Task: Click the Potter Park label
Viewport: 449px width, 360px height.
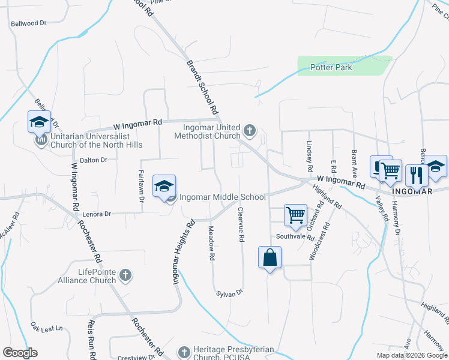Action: [331, 67]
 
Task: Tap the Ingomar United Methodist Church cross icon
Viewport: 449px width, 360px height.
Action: [250, 130]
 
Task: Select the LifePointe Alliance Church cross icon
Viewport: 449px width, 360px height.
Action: [125, 275]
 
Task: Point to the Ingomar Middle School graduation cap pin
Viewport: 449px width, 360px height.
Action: [164, 187]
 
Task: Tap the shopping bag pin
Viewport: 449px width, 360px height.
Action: [270, 258]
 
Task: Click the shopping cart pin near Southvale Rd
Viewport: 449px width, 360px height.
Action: [295, 215]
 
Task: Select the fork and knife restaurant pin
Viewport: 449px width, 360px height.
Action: [415, 175]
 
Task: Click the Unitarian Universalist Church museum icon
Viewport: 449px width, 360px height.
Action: [41, 140]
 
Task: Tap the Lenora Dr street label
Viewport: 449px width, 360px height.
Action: [98, 214]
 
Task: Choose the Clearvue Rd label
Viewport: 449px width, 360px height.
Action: [241, 225]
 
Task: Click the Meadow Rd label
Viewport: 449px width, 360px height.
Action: [211, 243]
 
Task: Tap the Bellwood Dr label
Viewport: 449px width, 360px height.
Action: [28, 23]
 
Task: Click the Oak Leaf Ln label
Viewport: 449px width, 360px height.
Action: [47, 328]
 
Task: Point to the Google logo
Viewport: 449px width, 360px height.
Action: [20, 353]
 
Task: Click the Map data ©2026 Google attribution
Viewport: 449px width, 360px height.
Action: [411, 355]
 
